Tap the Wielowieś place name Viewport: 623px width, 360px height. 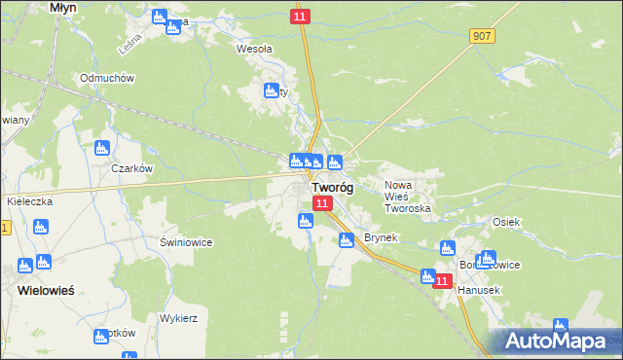click(x=46, y=290)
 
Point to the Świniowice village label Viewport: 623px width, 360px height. click(x=186, y=241)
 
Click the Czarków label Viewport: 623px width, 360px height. click(x=133, y=168)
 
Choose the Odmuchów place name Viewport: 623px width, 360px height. click(x=108, y=78)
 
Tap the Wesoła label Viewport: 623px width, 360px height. click(x=255, y=48)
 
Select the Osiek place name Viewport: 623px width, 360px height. click(x=506, y=222)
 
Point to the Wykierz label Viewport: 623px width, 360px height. click(x=180, y=318)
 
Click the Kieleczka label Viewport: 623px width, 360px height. click(x=28, y=200)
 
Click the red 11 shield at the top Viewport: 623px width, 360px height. click(x=300, y=18)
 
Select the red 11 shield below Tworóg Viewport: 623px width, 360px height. click(x=323, y=202)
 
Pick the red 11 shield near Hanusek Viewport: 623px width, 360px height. click(x=443, y=281)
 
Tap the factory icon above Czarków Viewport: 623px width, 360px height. click(x=101, y=149)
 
